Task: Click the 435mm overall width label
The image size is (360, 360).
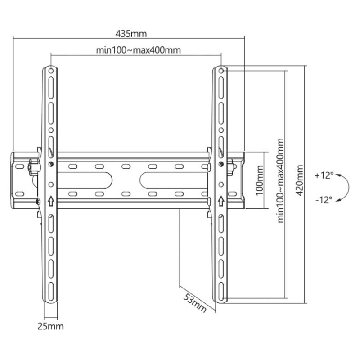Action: point(131,34)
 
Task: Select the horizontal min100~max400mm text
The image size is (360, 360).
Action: point(139,50)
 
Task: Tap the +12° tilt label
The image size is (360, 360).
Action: point(324,175)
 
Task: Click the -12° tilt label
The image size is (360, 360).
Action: point(324,199)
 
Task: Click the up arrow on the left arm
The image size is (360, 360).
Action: point(51,200)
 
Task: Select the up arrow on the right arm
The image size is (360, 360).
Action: point(221,200)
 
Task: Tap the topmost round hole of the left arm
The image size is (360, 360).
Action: point(51,70)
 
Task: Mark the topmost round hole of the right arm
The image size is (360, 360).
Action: point(221,70)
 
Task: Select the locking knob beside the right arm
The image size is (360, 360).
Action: point(230,166)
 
